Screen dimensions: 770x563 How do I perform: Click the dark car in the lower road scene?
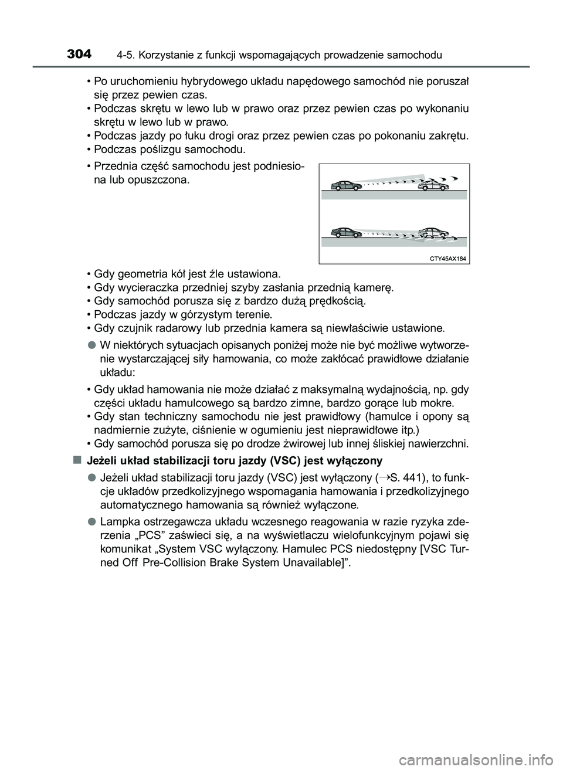coord(348,232)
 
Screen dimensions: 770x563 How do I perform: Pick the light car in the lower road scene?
coord(433,233)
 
